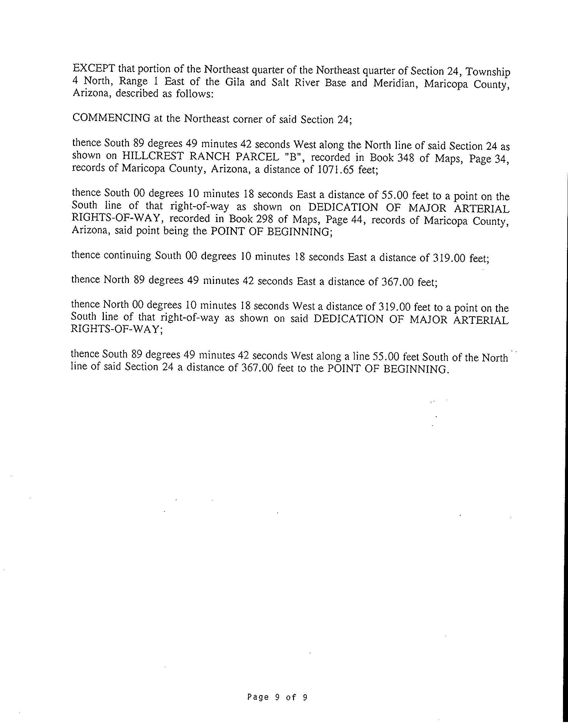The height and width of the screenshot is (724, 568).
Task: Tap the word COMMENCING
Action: pos(111,118)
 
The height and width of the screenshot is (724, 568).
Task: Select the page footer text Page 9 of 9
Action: pos(277,698)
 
